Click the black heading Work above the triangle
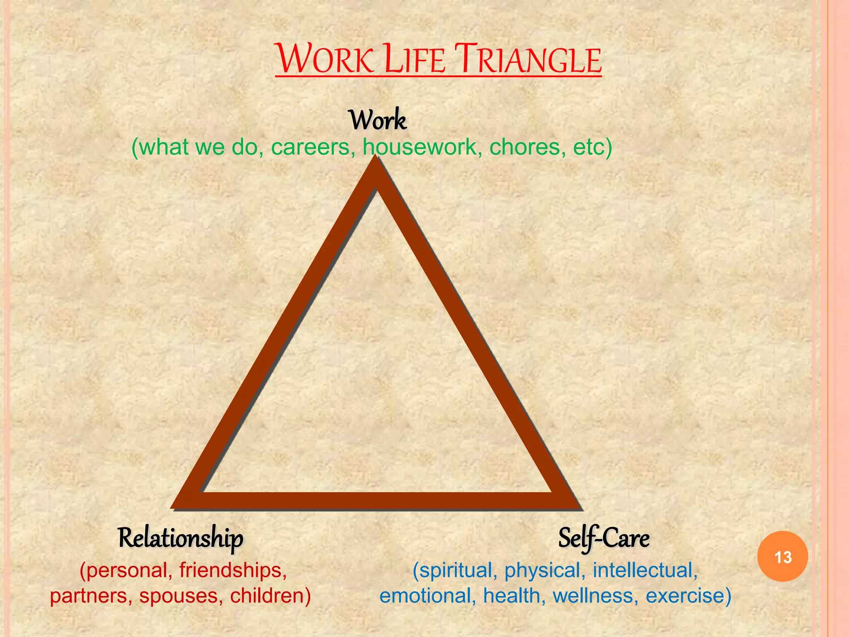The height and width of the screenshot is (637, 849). (x=378, y=120)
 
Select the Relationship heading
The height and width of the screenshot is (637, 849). (x=180, y=538)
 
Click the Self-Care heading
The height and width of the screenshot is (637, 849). (x=603, y=538)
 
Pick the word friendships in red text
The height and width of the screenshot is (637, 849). (x=233, y=570)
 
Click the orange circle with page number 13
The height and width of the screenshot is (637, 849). (x=782, y=557)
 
